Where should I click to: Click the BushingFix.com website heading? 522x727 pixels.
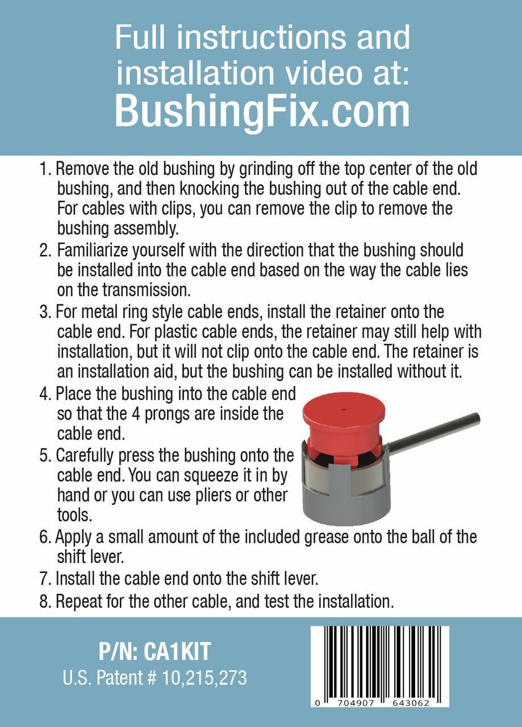pyautogui.click(x=262, y=111)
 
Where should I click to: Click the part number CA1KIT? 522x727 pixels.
pyautogui.click(x=177, y=651)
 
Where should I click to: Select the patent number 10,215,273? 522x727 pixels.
pyautogui.click(x=204, y=678)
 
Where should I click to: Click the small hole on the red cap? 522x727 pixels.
pyautogui.click(x=344, y=410)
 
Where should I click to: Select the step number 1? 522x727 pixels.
pyautogui.click(x=45, y=169)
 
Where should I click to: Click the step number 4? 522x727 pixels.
pyautogui.click(x=45, y=395)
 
